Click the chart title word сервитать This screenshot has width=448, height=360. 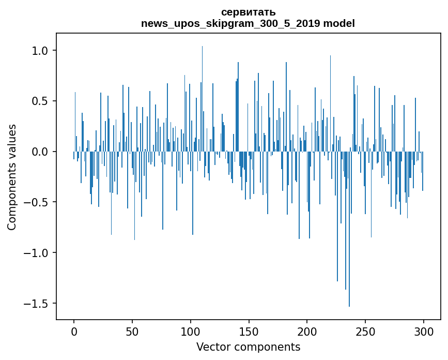(248, 12)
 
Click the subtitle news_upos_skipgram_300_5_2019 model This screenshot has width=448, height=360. (248, 24)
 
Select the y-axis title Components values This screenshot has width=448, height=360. (12, 177)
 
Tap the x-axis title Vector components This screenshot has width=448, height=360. (248, 347)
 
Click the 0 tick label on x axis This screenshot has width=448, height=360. (74, 331)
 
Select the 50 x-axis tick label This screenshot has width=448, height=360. (132, 331)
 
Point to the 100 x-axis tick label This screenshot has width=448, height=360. (191, 331)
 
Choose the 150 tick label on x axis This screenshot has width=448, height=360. (249, 331)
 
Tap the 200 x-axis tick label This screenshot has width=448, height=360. (307, 331)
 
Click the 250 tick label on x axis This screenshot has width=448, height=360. (366, 331)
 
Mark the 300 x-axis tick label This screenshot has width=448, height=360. (424, 331)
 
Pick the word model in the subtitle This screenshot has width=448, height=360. (339, 24)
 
